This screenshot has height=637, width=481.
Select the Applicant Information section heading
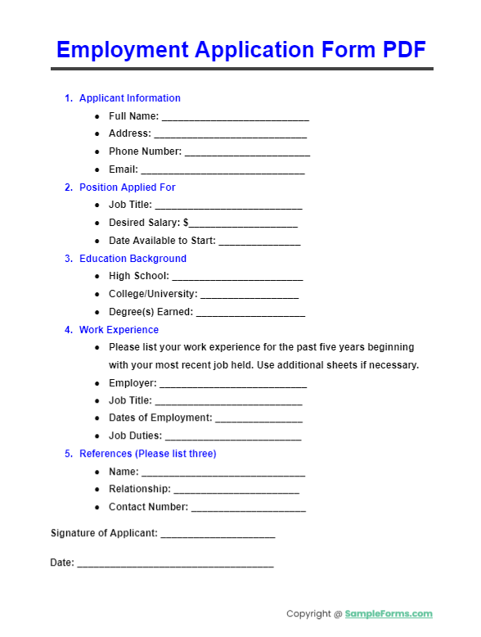(129, 98)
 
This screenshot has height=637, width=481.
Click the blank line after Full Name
(235, 118)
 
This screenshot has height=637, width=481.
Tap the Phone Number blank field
(247, 153)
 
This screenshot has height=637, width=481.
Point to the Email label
(124, 169)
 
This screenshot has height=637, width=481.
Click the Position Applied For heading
(127, 187)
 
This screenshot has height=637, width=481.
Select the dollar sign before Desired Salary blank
(186, 223)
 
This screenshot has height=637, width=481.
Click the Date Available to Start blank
(259, 242)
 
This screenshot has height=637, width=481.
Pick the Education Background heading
(133, 259)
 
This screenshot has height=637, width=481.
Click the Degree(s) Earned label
(151, 312)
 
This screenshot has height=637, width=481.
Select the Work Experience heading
(119, 330)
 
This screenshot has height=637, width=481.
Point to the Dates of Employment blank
(258, 420)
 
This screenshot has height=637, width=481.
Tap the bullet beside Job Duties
(98, 436)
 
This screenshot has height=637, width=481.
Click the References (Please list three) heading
(147, 454)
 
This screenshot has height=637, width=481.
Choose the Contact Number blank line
(248, 509)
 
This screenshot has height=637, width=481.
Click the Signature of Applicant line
(218, 535)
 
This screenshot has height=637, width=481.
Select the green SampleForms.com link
(389, 614)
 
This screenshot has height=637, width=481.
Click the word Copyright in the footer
(309, 614)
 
